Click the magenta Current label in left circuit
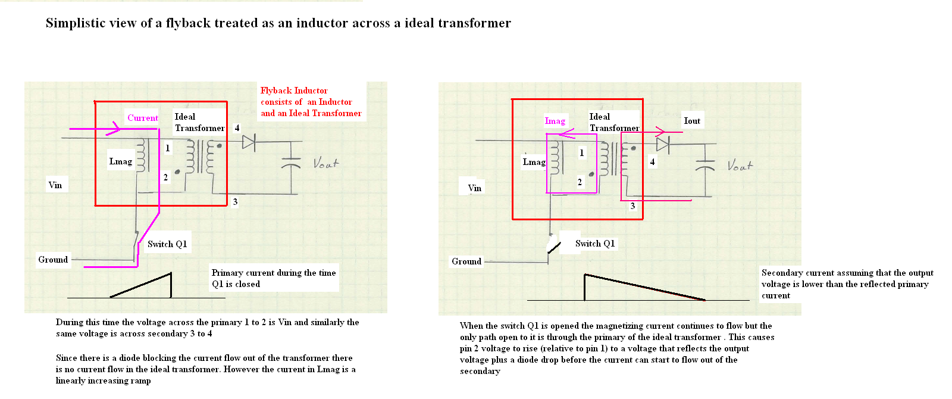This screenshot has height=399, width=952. [143, 118]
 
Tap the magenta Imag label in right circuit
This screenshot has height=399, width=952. [555, 121]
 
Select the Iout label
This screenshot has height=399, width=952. [691, 121]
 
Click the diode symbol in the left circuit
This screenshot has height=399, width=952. [249, 142]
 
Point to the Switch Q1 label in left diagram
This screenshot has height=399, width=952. [167, 244]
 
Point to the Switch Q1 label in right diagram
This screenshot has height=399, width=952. [594, 244]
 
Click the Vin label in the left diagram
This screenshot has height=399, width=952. [55, 185]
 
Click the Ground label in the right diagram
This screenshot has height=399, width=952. [466, 261]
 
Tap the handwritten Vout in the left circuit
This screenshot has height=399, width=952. [326, 163]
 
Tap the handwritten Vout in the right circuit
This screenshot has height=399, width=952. [740, 166]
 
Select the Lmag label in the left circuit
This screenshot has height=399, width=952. [120, 161]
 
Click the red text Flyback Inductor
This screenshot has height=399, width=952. [294, 91]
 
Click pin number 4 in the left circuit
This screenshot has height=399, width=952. [237, 128]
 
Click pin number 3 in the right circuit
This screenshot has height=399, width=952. [632, 206]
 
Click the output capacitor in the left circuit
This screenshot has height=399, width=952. [291, 164]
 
